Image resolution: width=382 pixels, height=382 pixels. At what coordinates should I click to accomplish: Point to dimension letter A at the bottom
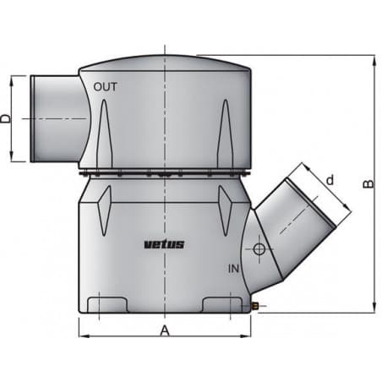(165, 331)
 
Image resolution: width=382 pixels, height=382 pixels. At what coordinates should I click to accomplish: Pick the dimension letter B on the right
(366, 184)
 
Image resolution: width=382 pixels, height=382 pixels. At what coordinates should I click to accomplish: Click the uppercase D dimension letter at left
(7, 118)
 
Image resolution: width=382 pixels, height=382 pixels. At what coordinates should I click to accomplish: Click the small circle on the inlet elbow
(259, 249)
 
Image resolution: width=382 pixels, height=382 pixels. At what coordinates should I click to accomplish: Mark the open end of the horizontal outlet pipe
(34, 118)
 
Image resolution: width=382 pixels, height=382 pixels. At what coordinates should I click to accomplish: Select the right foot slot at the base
(222, 303)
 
